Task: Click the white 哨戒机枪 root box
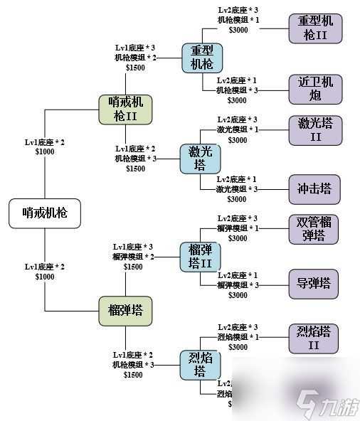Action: (x=44, y=212)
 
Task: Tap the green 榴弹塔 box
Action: (x=125, y=309)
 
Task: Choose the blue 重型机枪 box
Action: (x=202, y=58)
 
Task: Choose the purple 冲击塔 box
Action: (x=314, y=190)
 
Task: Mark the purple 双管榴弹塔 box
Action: (x=314, y=229)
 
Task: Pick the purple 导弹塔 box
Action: (x=314, y=283)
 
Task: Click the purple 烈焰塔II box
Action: (x=314, y=338)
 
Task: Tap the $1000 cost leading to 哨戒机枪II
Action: (x=44, y=151)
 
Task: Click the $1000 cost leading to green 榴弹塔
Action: (x=44, y=276)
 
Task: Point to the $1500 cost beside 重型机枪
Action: (x=134, y=67)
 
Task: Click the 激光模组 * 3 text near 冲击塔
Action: (x=238, y=188)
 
